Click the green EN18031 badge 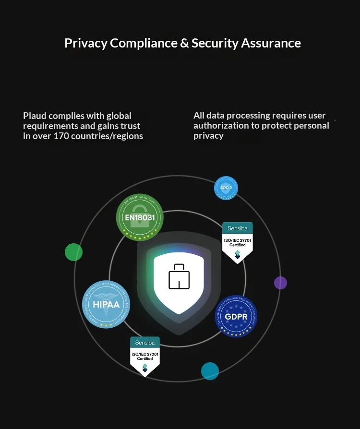click(x=140, y=218)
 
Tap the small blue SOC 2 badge click(x=226, y=188)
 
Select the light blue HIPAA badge click(x=106, y=304)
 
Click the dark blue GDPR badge click(x=236, y=317)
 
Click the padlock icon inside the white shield click(x=179, y=277)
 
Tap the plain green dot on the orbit click(x=74, y=252)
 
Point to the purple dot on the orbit click(x=280, y=283)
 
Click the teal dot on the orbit click(x=210, y=371)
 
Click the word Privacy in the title click(x=86, y=43)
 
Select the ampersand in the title click(x=184, y=43)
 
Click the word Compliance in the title click(x=144, y=43)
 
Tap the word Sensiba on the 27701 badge click(x=237, y=227)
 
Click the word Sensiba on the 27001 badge click(x=145, y=342)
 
